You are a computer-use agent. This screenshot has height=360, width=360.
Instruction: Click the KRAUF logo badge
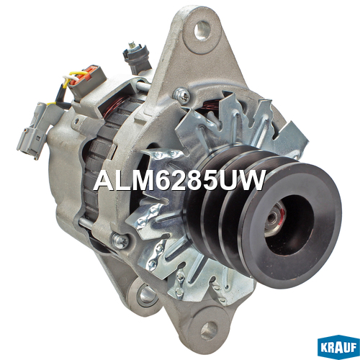tap(338, 347)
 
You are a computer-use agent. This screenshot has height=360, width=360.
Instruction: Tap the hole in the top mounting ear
tap(202, 30)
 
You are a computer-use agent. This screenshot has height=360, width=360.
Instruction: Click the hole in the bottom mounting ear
tap(209, 331)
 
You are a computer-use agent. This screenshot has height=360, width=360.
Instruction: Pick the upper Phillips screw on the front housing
tap(182, 96)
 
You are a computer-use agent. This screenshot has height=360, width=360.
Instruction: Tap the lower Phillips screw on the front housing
tap(120, 240)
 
